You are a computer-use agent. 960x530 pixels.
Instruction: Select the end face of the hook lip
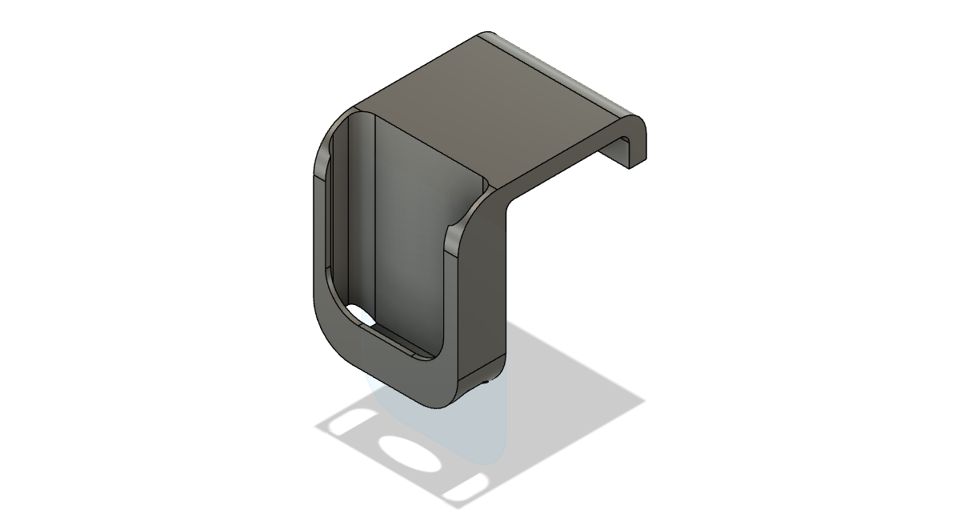[x=637, y=144]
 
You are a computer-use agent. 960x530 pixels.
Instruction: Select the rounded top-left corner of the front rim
[x=328, y=128]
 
